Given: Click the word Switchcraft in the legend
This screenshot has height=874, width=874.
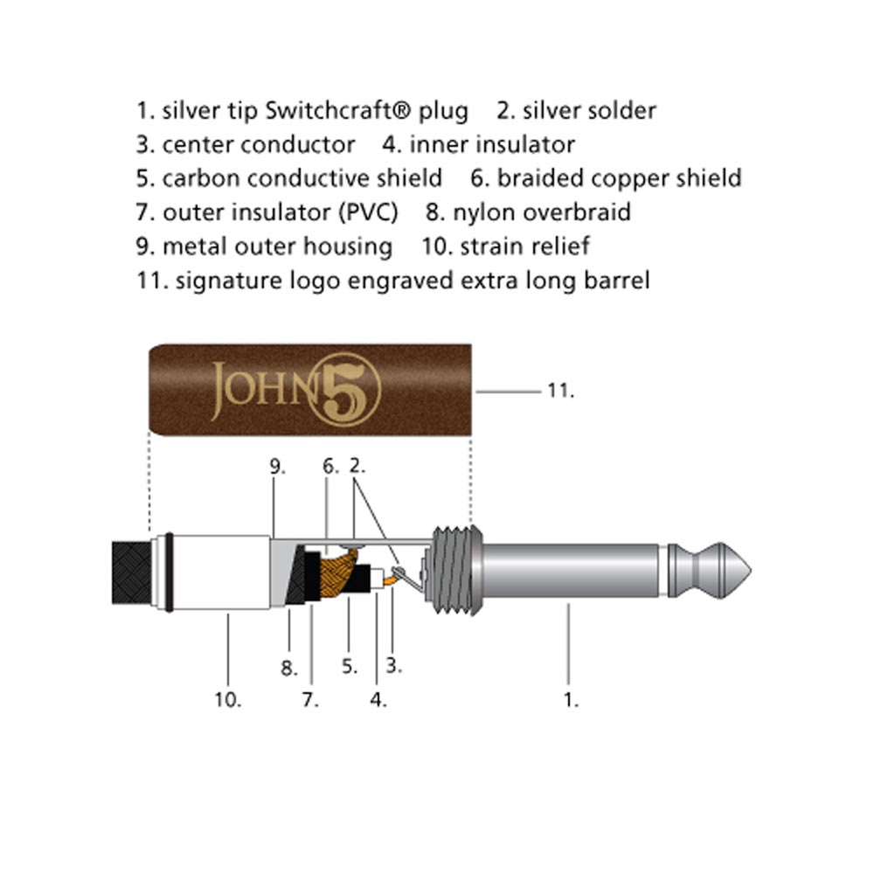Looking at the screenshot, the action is point(337,110).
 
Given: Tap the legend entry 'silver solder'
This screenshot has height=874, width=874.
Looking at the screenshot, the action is point(589,110).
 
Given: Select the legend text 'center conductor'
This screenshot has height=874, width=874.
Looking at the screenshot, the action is point(259,145).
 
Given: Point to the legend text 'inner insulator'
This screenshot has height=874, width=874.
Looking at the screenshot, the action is point(492,145).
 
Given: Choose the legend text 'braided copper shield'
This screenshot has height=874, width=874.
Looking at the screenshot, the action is point(620,178).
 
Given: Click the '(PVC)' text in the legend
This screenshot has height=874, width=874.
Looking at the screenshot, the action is point(369,213).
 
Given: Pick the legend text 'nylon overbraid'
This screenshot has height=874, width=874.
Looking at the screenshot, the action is point(542,212).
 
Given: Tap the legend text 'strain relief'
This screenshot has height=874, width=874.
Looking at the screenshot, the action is point(525,246).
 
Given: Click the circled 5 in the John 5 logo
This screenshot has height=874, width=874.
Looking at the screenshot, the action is point(343,390).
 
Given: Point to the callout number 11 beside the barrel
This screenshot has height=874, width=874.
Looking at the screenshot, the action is point(560,391).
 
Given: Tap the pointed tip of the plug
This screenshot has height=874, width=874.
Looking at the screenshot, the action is point(750,571).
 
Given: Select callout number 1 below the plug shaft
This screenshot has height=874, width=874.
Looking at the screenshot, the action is point(571,699).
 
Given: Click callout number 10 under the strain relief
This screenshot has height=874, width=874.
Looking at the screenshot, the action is point(228,699).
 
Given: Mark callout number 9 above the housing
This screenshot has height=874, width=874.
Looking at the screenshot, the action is point(277,467).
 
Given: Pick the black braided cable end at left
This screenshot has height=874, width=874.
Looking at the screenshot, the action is point(132,572).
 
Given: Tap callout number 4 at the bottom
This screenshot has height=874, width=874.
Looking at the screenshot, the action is point(378,699).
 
